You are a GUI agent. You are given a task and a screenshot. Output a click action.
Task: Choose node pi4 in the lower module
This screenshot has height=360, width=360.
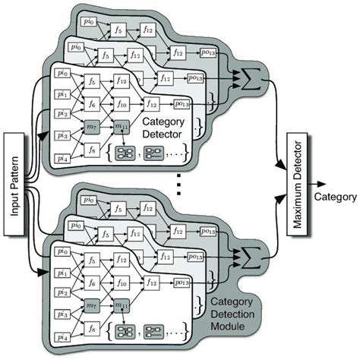(x=62, y=336)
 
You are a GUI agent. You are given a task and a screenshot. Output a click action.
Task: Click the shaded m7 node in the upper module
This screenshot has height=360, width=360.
(x=93, y=124)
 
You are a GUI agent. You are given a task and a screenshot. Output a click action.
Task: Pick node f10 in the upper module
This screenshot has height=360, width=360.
(x=122, y=103)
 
